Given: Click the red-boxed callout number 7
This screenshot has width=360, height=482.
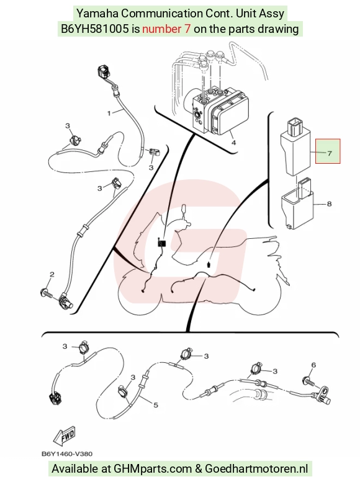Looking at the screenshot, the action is pos(330,153).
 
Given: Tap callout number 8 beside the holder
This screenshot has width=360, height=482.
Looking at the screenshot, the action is pos(329,204).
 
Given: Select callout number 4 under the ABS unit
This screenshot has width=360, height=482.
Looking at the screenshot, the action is pos(233,142).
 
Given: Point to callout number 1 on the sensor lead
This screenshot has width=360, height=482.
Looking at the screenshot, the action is pos(109,113).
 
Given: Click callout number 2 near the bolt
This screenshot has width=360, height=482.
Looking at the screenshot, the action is pos(52,274).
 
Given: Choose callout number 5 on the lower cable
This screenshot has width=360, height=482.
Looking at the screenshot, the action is pos(156,405).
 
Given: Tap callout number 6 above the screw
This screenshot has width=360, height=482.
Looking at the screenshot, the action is pos(313,365).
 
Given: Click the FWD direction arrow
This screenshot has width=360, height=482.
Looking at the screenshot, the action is pos(65,437).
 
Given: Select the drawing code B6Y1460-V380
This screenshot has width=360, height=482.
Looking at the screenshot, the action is pos(67,453).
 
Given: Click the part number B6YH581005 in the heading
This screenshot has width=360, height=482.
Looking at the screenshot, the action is pos(95,29).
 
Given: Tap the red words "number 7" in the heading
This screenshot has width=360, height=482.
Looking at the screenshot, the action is pos(166,29).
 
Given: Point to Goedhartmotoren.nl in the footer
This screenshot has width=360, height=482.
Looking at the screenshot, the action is pos(256,468).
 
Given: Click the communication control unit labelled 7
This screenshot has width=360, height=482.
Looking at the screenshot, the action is pos(295,147).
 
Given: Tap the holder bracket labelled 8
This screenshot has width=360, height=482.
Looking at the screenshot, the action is pos(297,204).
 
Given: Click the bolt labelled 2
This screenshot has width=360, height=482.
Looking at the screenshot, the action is pos(47,293).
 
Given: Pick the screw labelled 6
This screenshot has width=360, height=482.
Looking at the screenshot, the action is pos(310,382).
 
